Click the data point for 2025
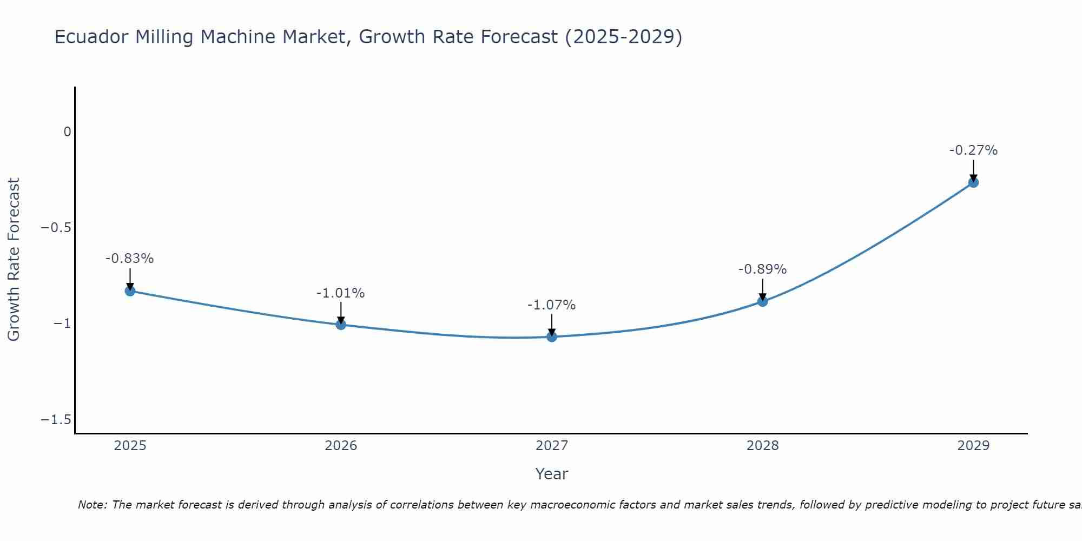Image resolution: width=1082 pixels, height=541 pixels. pyautogui.click(x=130, y=291)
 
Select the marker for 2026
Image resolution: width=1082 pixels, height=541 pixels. pyautogui.click(x=341, y=325)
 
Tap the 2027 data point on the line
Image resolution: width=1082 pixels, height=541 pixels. pyautogui.click(x=552, y=337)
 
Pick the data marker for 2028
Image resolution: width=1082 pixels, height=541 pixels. pyautogui.click(x=762, y=301)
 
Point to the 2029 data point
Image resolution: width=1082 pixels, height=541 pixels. pyautogui.click(x=973, y=182)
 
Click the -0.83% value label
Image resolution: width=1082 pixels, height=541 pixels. pyautogui.click(x=129, y=259)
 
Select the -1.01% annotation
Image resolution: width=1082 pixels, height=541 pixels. pyautogui.click(x=340, y=293)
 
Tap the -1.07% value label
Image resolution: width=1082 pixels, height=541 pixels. pyautogui.click(x=551, y=305)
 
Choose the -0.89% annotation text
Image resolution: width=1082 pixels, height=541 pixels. pyautogui.click(x=762, y=269)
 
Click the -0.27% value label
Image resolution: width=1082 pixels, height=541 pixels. pyautogui.click(x=973, y=150)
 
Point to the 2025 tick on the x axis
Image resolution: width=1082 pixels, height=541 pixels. pyautogui.click(x=130, y=446)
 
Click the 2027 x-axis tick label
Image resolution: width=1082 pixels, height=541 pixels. pyautogui.click(x=552, y=446)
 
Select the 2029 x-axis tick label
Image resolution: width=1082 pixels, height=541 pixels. pyautogui.click(x=973, y=446)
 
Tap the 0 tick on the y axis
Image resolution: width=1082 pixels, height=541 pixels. pyautogui.click(x=67, y=132)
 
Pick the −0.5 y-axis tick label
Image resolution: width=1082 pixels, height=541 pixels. pyautogui.click(x=56, y=228)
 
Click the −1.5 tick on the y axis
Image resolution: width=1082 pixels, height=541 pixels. pyautogui.click(x=56, y=420)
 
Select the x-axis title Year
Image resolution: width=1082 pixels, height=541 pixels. pyautogui.click(x=551, y=474)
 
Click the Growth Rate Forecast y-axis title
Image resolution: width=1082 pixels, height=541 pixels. pyautogui.click(x=14, y=260)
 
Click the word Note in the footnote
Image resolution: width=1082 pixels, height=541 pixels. pyautogui.click(x=93, y=505)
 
